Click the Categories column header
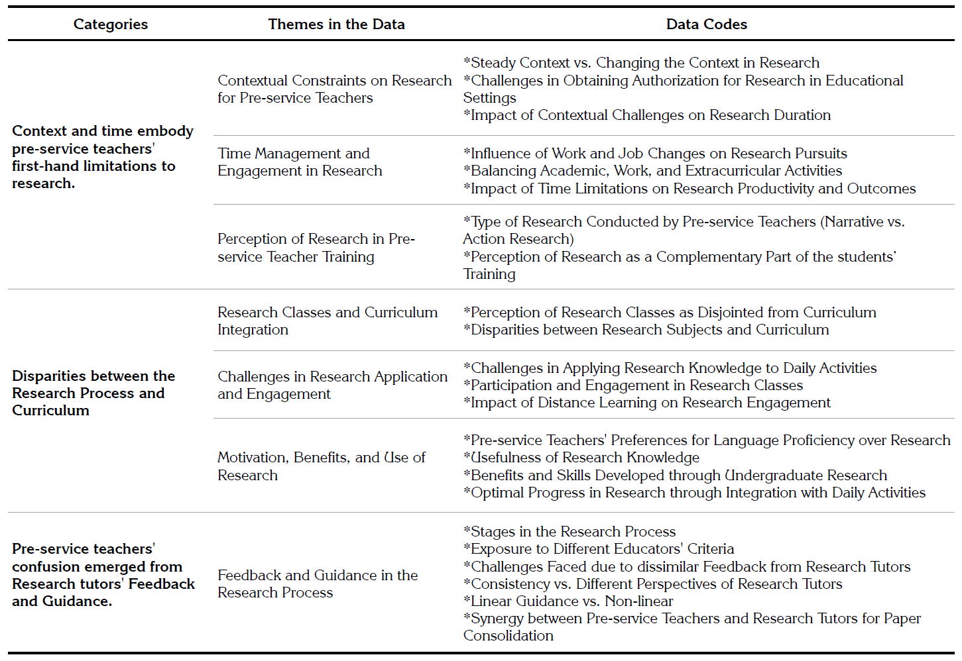[111, 25]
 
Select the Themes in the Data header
[336, 25]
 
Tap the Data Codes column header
[706, 25]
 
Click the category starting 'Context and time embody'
[103, 157]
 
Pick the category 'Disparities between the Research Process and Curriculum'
[93, 393]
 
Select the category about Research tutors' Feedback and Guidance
[103, 575]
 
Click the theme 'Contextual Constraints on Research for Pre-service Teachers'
[334, 89]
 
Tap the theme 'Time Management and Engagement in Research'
[300, 162]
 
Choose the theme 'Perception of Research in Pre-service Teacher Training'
[316, 248]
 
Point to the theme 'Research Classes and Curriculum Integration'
[328, 321]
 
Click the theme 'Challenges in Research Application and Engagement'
[332, 385]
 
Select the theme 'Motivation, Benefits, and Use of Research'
[321, 466]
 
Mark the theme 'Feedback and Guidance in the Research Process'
[318, 584]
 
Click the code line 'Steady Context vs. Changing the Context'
[641, 63]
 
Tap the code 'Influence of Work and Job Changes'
[655, 154]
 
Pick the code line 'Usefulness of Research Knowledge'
[581, 458]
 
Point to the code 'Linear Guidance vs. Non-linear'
[568, 601]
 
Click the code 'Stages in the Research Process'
[570, 532]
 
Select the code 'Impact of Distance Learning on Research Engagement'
[646, 403]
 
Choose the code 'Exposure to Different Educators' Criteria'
[599, 549]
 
